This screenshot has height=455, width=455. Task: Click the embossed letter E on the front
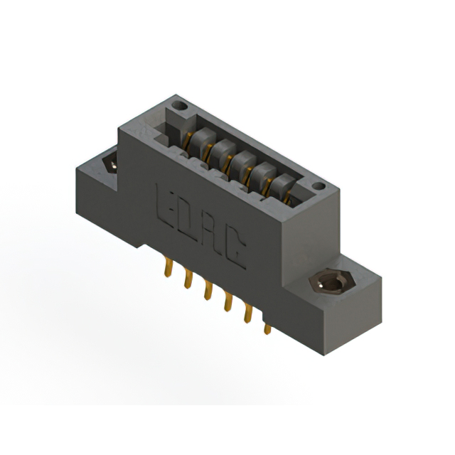pyautogui.click(x=165, y=203)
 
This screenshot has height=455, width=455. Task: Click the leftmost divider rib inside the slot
pyautogui.click(x=200, y=136)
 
